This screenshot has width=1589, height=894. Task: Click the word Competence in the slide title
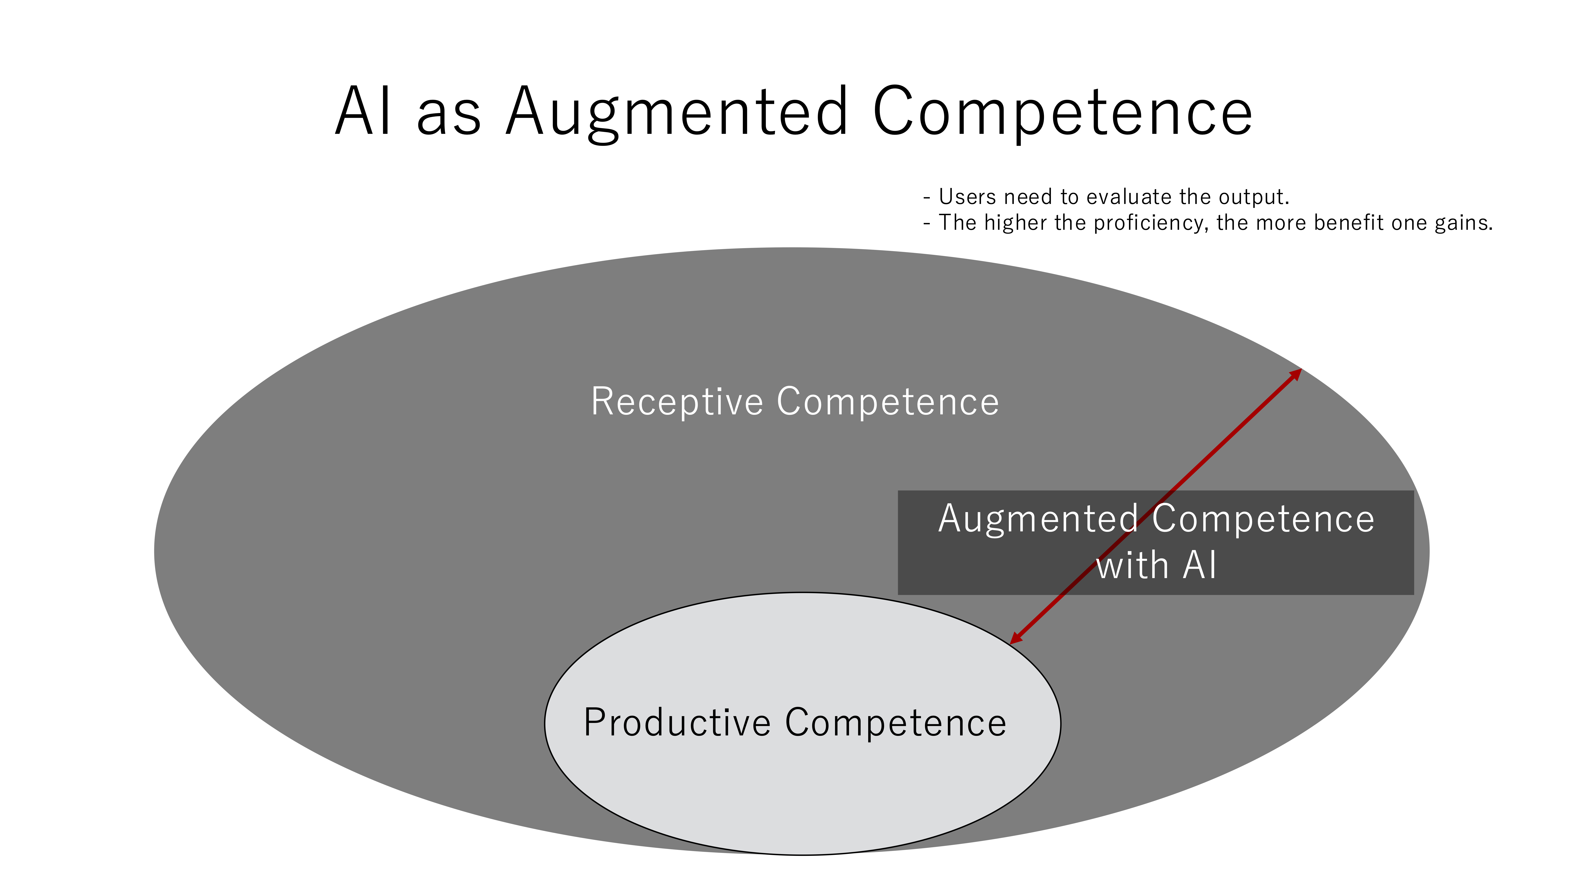click(x=1062, y=112)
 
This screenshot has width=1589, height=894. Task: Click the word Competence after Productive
click(x=896, y=723)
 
